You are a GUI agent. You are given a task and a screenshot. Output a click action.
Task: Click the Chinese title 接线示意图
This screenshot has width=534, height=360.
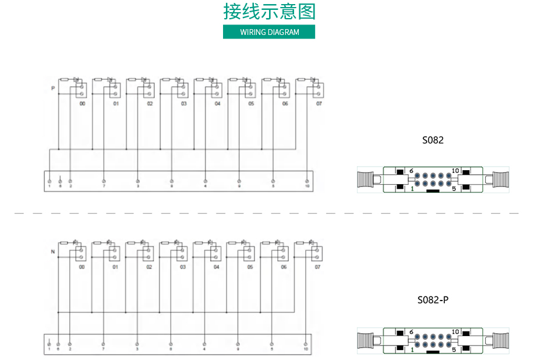(x=269, y=12)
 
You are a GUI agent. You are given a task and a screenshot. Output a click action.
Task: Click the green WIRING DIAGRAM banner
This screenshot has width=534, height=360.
(x=269, y=32)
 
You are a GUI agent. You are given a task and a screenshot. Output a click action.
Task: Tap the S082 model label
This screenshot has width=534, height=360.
(x=433, y=140)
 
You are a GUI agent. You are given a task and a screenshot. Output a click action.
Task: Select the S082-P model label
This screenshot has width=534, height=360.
(x=433, y=301)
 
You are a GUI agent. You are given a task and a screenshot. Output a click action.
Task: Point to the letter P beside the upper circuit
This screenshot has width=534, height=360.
(x=53, y=89)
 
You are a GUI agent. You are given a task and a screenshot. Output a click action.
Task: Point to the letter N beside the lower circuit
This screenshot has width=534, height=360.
(x=53, y=252)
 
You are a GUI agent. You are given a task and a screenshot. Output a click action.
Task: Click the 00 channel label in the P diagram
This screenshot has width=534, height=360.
(x=82, y=104)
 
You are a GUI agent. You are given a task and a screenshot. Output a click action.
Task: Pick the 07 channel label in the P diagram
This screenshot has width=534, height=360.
(x=319, y=104)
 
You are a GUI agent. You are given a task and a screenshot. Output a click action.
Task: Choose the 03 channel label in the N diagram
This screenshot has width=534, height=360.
(x=183, y=267)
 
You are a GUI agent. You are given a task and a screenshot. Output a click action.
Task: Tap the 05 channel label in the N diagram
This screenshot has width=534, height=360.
(x=250, y=267)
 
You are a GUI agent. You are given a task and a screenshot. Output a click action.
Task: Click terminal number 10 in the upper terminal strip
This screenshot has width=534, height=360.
(x=307, y=185)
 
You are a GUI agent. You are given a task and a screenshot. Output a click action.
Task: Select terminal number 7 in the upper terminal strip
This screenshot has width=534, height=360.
(x=104, y=185)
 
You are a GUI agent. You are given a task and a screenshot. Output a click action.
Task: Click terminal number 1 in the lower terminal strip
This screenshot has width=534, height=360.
(x=49, y=349)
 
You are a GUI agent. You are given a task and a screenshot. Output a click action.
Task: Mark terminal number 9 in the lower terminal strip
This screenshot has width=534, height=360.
(x=238, y=349)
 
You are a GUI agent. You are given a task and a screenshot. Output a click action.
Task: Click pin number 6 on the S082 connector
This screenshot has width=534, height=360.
(x=411, y=171)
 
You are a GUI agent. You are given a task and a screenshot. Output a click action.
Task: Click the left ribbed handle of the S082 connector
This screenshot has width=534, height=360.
(x=369, y=180)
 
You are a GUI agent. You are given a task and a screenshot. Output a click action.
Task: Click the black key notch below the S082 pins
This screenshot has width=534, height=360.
(x=433, y=190)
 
